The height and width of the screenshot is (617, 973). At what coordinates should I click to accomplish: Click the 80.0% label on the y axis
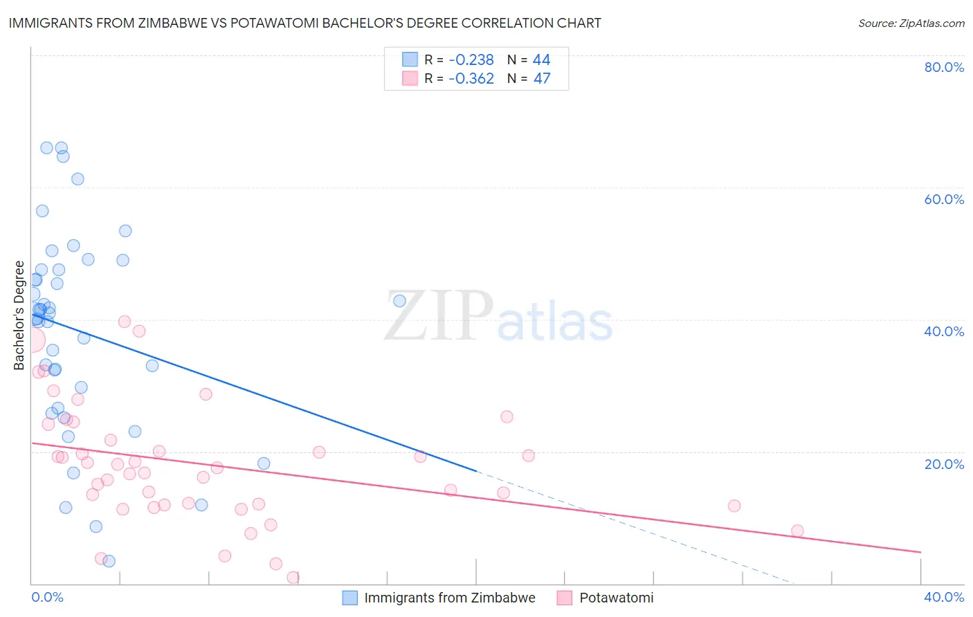[944, 67]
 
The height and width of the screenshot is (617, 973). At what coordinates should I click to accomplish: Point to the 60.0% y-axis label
[944, 199]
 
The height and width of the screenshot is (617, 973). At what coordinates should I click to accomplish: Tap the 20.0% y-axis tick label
[944, 464]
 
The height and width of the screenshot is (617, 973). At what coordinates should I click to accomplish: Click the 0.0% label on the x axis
[47, 597]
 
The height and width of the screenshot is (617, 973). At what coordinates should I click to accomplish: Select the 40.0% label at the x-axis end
[944, 597]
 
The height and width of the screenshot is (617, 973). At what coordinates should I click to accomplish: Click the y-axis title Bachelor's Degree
[19, 315]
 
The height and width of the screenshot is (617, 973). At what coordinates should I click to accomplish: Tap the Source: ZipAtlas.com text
[911, 23]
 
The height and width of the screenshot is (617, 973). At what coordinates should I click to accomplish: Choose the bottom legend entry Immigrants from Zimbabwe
[449, 598]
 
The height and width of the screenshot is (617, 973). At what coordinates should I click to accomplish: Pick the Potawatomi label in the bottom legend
[616, 598]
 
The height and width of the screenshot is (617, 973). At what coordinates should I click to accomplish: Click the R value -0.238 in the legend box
[471, 60]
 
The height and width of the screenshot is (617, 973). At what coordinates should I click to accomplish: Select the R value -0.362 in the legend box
[471, 79]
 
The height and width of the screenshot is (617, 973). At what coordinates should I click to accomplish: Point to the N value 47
[542, 79]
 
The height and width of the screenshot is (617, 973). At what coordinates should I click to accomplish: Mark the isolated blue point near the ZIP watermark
[399, 301]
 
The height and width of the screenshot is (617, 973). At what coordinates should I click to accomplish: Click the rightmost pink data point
[797, 531]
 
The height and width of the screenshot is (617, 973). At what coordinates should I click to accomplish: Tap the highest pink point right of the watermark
[507, 417]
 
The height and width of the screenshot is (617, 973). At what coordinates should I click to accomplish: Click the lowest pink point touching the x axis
[293, 578]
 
